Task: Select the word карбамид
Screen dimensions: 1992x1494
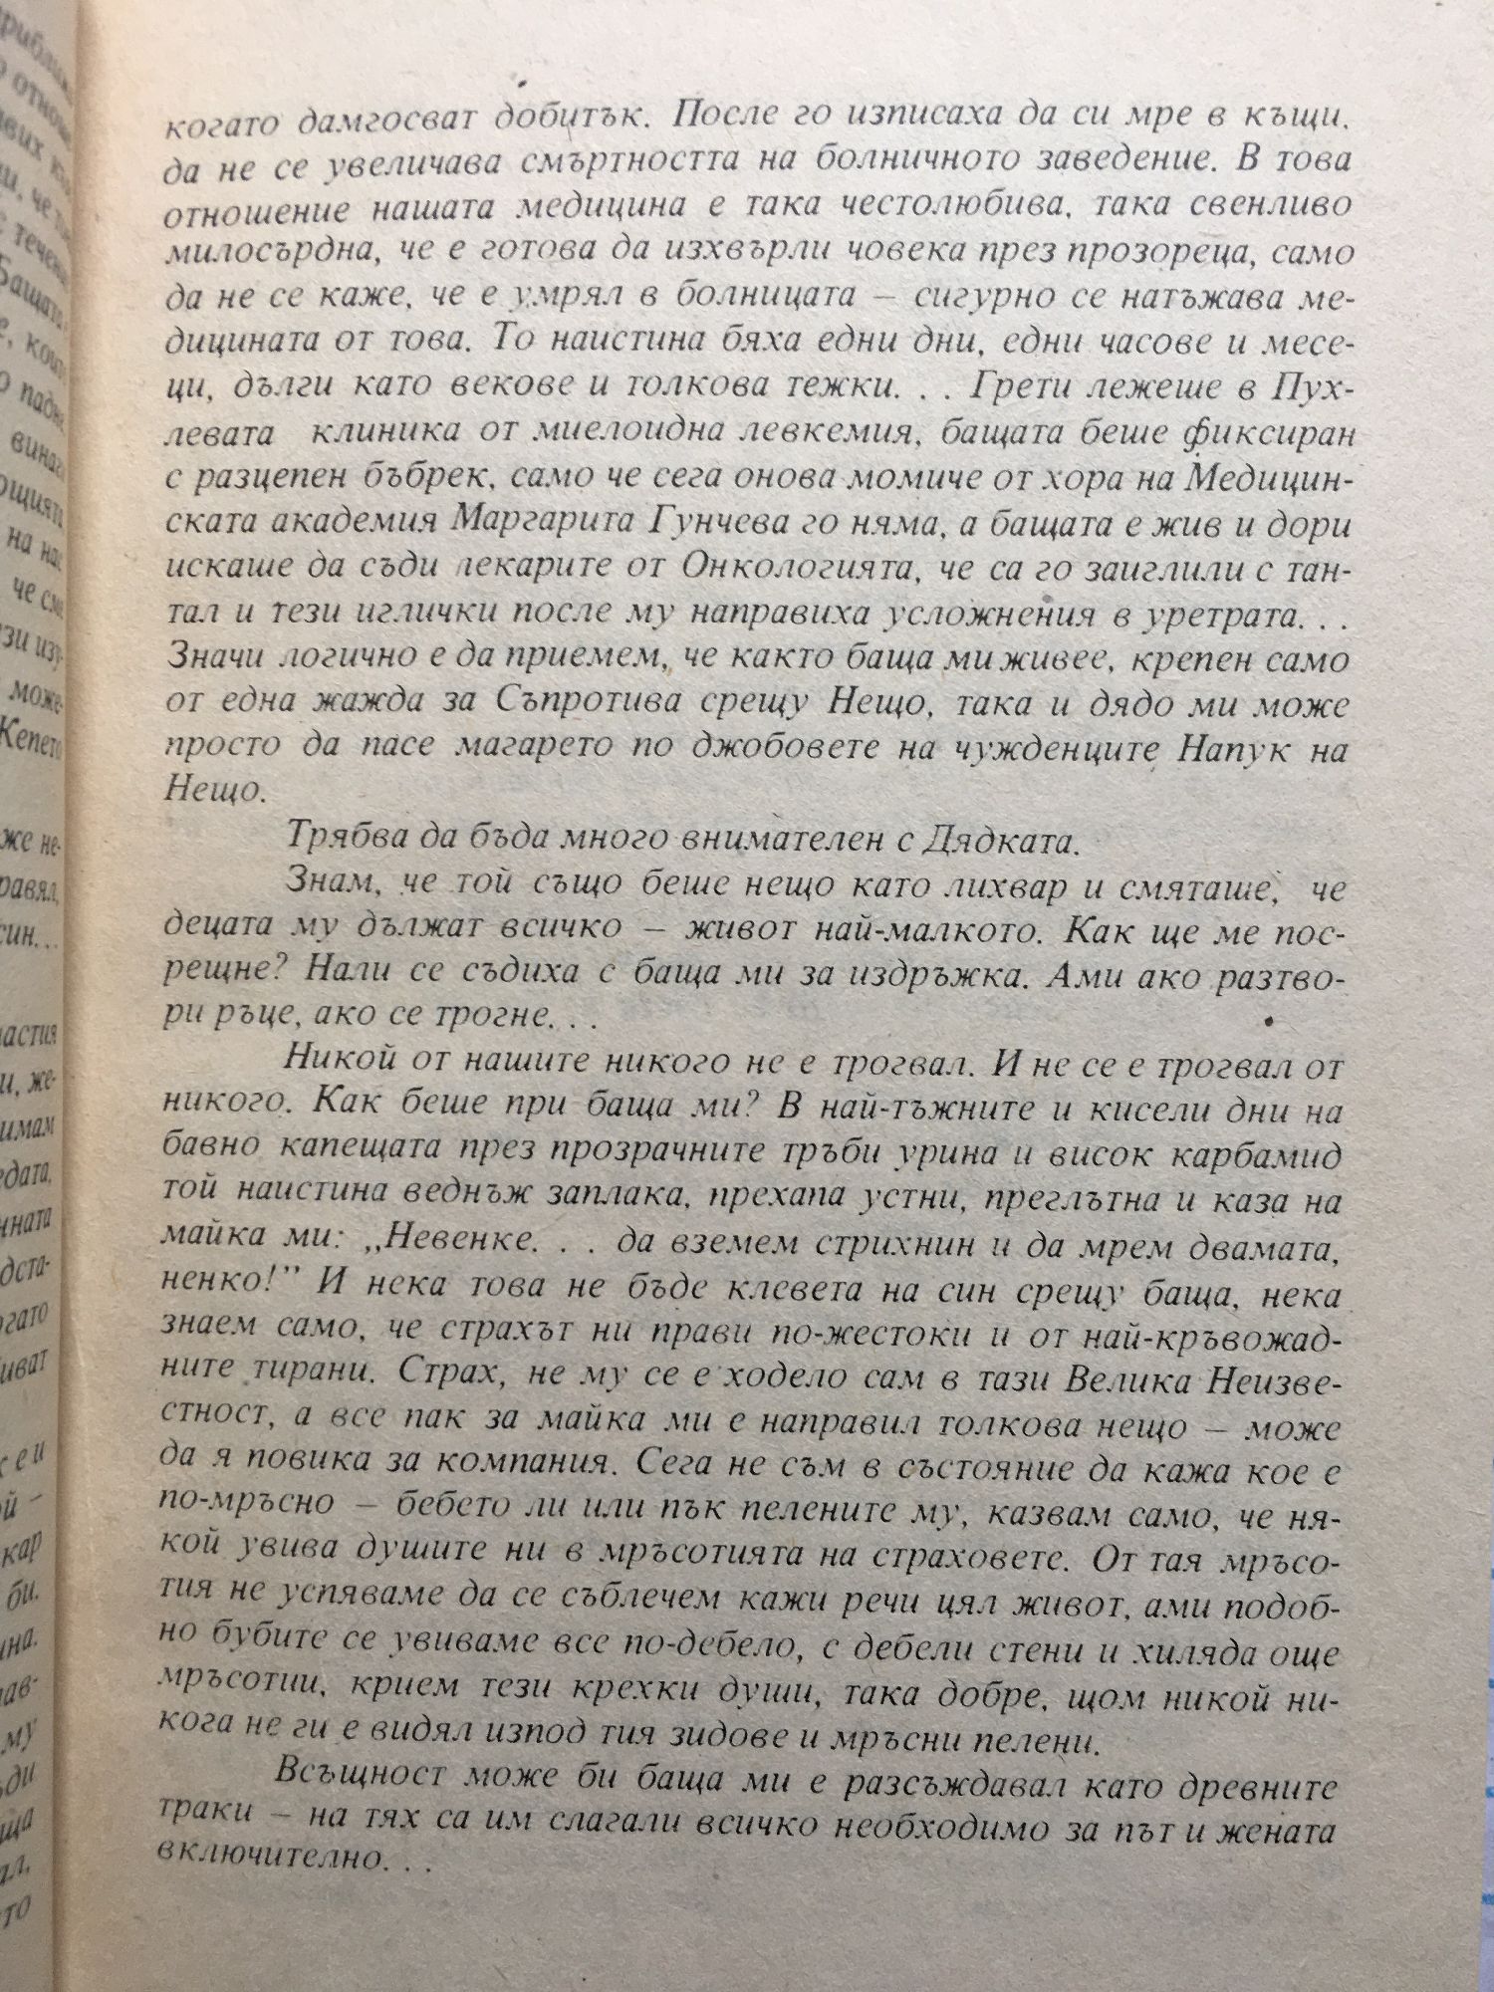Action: (x=1259, y=1158)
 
